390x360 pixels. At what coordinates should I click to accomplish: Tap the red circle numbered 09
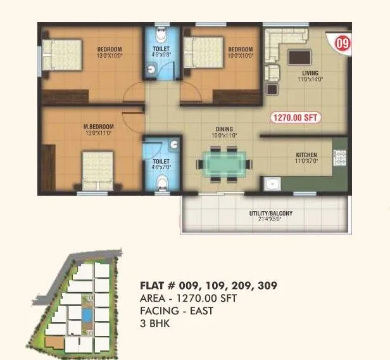342,44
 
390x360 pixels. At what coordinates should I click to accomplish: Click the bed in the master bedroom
99,169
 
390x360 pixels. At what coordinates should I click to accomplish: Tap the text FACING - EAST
177,311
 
